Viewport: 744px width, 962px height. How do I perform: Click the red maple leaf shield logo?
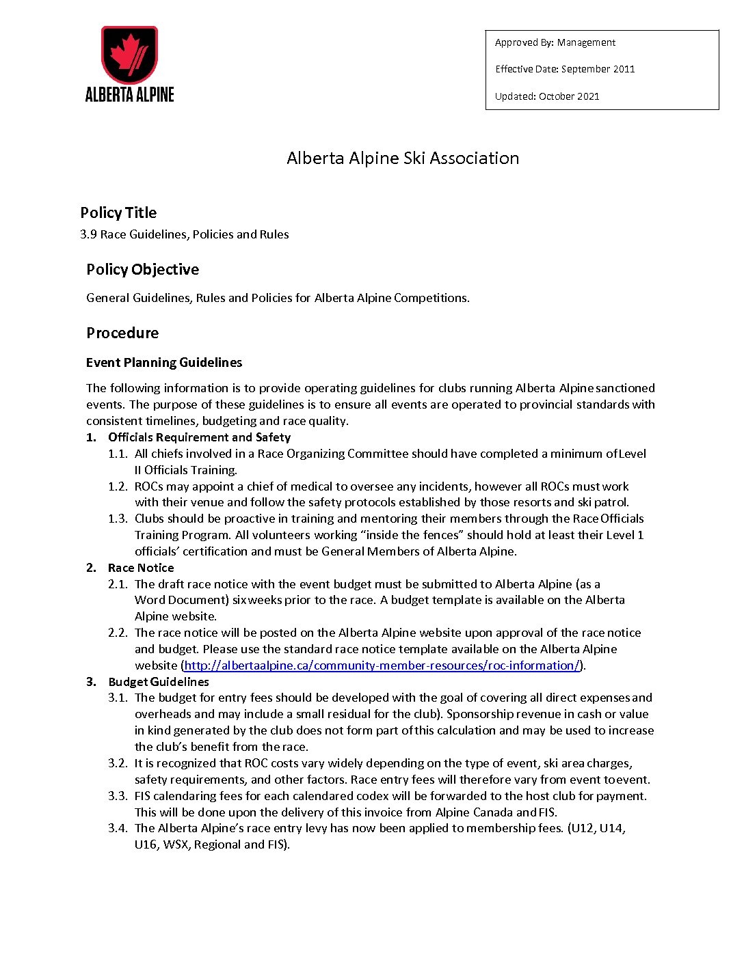point(130,55)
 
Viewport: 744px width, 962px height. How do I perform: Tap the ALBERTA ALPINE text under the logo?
point(130,94)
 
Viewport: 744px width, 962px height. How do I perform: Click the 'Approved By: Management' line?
point(555,42)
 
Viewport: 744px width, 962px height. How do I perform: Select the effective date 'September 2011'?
point(598,69)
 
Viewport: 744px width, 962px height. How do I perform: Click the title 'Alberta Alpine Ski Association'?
point(403,158)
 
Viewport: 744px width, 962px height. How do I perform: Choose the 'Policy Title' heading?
point(118,212)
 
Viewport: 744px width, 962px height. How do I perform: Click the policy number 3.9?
point(88,234)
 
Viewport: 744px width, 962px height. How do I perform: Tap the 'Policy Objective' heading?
point(142,269)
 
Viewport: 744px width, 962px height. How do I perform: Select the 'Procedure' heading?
point(122,333)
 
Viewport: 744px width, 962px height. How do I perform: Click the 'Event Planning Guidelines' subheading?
point(164,363)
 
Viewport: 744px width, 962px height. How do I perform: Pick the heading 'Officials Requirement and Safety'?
point(199,437)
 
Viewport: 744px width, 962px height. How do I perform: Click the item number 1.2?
point(118,486)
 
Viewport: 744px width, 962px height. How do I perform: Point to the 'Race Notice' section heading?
point(141,568)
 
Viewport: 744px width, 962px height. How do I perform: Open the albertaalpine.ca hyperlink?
point(382,665)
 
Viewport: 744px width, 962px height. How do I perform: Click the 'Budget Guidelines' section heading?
point(159,682)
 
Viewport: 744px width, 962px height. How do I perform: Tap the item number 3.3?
point(118,796)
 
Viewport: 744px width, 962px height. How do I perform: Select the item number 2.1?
point(118,584)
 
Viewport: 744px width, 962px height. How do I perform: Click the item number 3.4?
point(118,828)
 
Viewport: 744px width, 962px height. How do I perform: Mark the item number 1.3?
point(118,519)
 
